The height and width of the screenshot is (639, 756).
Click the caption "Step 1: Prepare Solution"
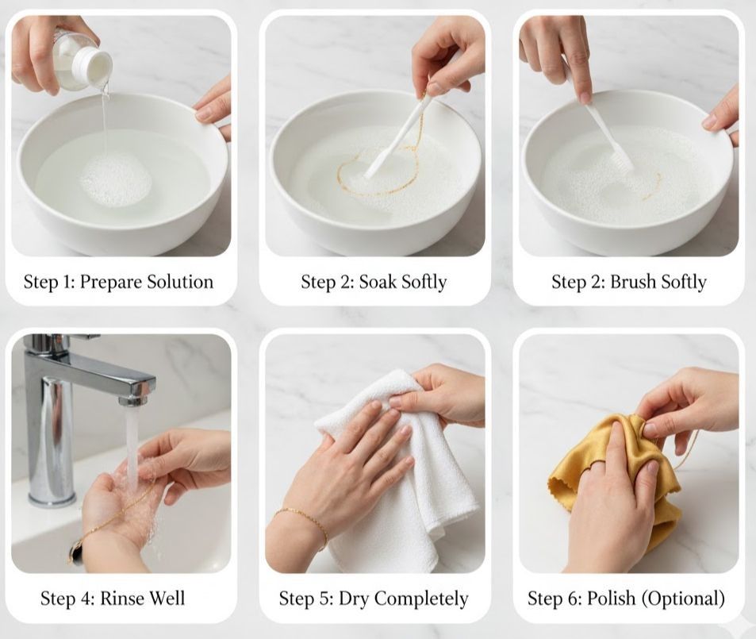[118, 282]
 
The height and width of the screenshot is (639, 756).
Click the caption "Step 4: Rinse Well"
[118, 598]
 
